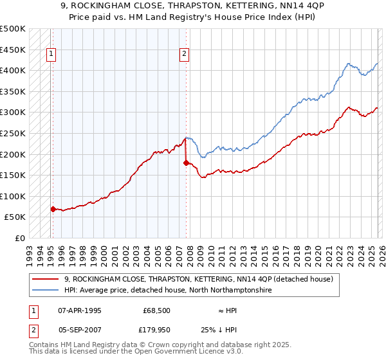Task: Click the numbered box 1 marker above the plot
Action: point(50,55)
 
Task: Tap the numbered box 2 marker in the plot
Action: point(185,55)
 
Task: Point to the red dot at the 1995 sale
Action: point(53,209)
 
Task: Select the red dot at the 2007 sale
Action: point(186,163)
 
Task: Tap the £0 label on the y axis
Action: point(19,238)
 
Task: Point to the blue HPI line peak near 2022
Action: point(348,64)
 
